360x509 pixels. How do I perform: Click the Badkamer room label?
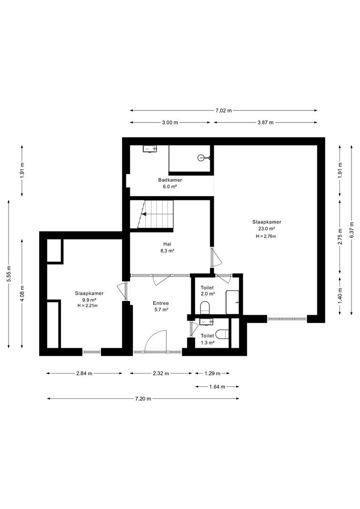click(x=170, y=180)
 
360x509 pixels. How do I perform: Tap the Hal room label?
click(x=167, y=244)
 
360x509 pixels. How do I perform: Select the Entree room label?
click(x=161, y=303)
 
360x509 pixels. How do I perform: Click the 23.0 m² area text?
click(x=267, y=228)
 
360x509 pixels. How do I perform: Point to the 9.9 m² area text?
click(x=89, y=300)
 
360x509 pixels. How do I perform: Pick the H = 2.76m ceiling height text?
click(x=266, y=236)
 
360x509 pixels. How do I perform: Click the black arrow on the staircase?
click(x=144, y=214)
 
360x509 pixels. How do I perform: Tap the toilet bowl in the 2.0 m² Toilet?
click(x=205, y=307)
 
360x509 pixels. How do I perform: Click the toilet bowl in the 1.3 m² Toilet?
click(x=223, y=333)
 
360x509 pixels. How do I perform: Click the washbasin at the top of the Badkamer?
click(x=150, y=149)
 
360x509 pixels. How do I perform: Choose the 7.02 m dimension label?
click(x=224, y=110)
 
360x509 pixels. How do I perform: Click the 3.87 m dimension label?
click(x=265, y=123)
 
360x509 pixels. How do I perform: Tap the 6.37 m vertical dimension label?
click(x=352, y=229)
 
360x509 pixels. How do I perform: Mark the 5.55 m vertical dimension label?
click(x=9, y=274)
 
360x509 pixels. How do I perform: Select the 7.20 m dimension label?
click(x=143, y=398)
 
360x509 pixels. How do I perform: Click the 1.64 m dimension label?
click(x=217, y=386)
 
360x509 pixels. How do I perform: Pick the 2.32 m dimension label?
click(x=161, y=374)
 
